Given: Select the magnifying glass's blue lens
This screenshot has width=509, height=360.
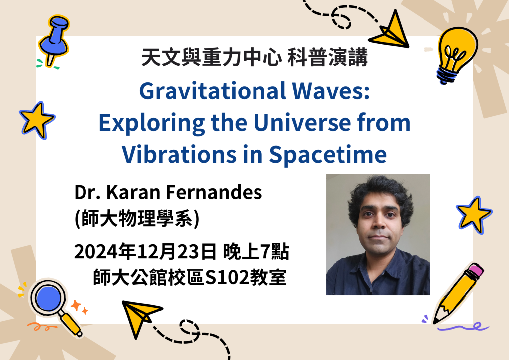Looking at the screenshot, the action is [x=48, y=298].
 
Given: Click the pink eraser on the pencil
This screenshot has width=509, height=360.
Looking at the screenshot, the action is [x=476, y=270].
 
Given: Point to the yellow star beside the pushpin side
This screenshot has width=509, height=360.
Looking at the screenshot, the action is [x=37, y=120].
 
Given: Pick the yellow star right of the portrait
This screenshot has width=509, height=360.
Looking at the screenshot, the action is [x=474, y=215].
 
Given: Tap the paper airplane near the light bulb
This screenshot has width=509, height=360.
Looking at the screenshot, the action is [x=391, y=31].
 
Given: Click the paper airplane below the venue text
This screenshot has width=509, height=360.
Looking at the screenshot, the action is [x=140, y=317].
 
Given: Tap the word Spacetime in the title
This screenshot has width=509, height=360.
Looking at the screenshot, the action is [x=328, y=154].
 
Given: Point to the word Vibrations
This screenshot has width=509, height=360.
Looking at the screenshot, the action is [x=179, y=154].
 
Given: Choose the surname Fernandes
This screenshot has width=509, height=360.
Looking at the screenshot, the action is [x=214, y=192].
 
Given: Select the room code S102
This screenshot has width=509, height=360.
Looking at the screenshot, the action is [x=227, y=278].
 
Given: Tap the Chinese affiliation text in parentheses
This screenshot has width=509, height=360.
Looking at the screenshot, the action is [x=137, y=218].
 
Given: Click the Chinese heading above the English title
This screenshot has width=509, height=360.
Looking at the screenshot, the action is [x=254, y=57].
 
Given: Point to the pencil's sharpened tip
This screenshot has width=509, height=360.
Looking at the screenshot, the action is [x=435, y=321].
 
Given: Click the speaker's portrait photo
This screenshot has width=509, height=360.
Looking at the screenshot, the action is [x=378, y=234].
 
